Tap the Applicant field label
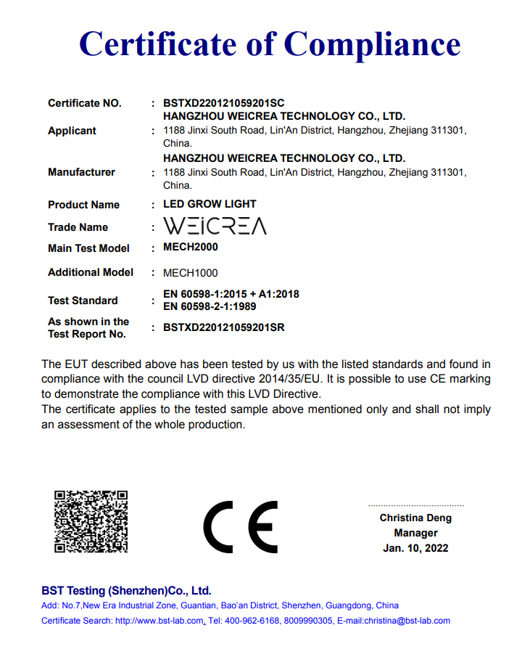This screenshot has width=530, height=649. click(x=72, y=131)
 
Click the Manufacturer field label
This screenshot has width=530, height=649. click(x=81, y=172)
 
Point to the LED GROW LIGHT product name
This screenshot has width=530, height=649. click(x=210, y=204)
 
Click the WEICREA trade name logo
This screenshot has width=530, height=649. click(x=215, y=226)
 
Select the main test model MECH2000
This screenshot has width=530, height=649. click(x=191, y=247)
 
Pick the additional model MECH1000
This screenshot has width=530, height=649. click(x=191, y=273)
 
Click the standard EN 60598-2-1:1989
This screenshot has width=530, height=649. click(x=210, y=306)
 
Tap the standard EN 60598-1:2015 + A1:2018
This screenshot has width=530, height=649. click(x=231, y=294)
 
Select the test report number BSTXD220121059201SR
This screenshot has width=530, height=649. click(x=224, y=327)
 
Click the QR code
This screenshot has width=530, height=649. click(x=92, y=521)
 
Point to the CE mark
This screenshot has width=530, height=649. click(x=240, y=526)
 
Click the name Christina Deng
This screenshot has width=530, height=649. click(x=415, y=518)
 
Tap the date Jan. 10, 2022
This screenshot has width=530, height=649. click(x=415, y=548)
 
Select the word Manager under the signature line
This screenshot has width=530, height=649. click(x=415, y=533)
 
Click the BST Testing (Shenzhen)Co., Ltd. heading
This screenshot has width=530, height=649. click(x=126, y=591)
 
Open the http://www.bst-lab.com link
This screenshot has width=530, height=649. click(x=160, y=621)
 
